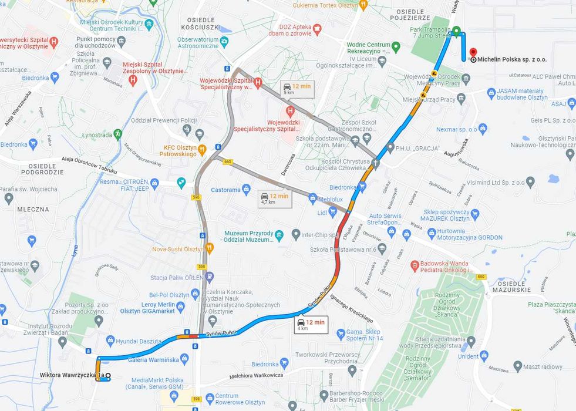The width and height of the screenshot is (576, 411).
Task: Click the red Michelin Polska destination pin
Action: pos(473,53)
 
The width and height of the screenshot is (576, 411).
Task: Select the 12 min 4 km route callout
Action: pos(311,325)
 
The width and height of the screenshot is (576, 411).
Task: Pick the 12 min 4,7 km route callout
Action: pos(274,198)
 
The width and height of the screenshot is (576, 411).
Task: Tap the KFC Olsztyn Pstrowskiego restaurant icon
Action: pos(202,149)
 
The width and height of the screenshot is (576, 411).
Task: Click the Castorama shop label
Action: pos(226,190)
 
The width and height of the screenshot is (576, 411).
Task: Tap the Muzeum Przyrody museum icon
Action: pos(279,236)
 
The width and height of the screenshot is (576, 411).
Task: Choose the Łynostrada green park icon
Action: pos(118,135)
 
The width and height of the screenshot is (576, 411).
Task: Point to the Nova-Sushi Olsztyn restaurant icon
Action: pos(210,249)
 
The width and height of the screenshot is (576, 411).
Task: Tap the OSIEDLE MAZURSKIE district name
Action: pos(511,286)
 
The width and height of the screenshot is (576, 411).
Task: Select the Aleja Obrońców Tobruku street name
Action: pos(89,164)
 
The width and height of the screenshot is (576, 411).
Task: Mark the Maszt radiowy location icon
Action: pos(517,366)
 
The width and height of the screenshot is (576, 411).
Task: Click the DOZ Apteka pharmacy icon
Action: pos(317,27)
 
